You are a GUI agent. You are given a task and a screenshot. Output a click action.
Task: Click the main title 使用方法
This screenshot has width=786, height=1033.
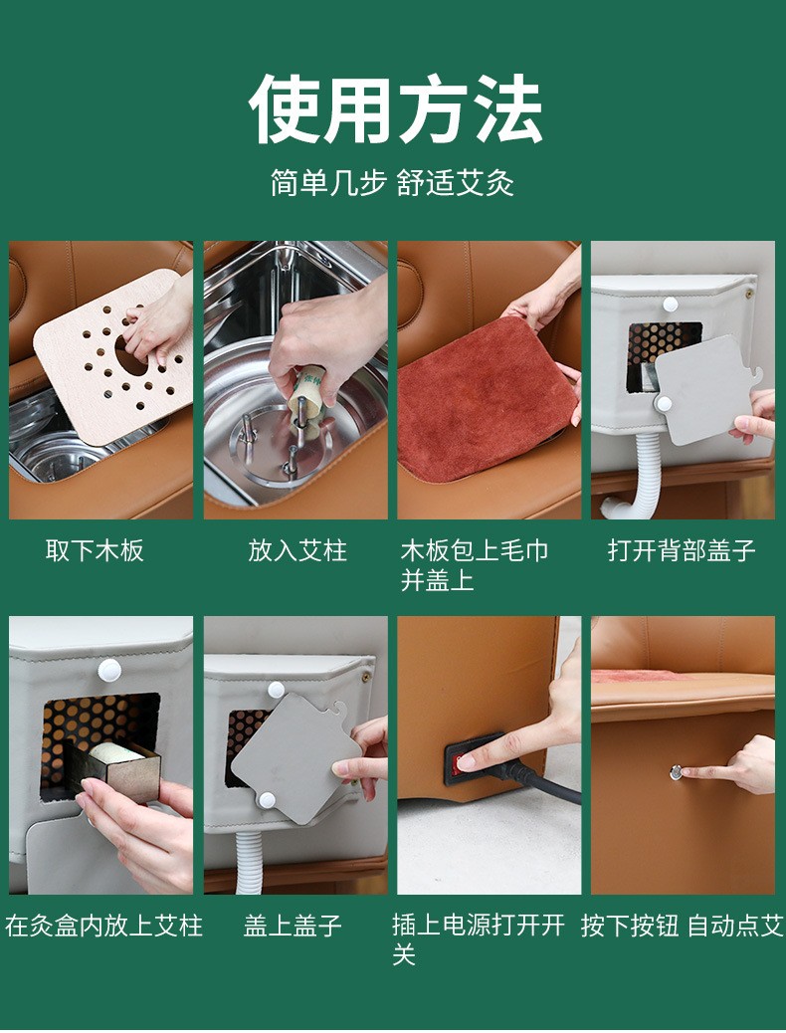(395, 108)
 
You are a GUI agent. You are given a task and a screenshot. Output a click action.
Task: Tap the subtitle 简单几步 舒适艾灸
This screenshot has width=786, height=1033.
(393, 182)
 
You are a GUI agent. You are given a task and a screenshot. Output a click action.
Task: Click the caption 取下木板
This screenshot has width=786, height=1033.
(95, 550)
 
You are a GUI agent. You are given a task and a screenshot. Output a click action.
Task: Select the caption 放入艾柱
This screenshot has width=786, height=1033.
(297, 550)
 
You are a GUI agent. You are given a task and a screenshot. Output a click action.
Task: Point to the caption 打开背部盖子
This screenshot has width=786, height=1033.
(682, 550)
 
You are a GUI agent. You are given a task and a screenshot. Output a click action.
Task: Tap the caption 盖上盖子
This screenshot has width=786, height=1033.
(293, 926)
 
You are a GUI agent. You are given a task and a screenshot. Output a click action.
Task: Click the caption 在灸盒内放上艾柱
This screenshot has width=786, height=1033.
(103, 926)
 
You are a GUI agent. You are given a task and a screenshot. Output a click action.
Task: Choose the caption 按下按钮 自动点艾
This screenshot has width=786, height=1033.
(683, 926)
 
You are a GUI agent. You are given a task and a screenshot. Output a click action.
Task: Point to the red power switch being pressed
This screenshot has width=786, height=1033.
(456, 764)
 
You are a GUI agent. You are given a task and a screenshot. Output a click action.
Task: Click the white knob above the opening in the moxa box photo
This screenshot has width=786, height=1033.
(109, 671)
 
